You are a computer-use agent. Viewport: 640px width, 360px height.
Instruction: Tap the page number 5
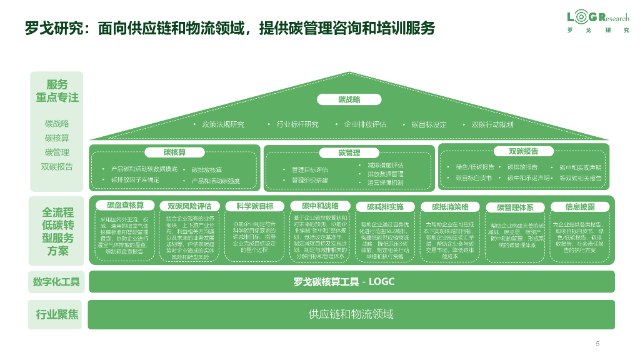(x=597, y=344)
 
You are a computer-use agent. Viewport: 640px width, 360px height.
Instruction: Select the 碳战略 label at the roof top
(x=349, y=99)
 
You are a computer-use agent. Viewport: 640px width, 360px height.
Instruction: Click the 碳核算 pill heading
(x=175, y=152)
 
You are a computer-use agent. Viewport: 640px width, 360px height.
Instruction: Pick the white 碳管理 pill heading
(x=349, y=152)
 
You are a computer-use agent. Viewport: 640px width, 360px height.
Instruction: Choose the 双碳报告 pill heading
(x=524, y=151)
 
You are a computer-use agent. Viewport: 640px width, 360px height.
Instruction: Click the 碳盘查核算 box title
(x=125, y=206)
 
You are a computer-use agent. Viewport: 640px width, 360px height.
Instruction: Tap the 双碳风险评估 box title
(x=189, y=206)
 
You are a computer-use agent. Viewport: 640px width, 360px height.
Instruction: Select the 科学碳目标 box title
(x=254, y=206)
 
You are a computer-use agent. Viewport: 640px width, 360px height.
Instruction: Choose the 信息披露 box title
(x=580, y=206)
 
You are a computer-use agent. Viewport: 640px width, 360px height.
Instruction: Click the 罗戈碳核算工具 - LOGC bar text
(x=344, y=282)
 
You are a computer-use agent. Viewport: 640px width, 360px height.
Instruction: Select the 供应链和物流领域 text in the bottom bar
(x=351, y=314)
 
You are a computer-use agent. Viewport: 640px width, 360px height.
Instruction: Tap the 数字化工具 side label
(x=56, y=282)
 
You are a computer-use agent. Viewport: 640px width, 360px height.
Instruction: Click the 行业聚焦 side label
(x=56, y=314)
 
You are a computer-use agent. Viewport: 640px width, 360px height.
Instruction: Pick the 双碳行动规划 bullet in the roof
(x=491, y=124)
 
